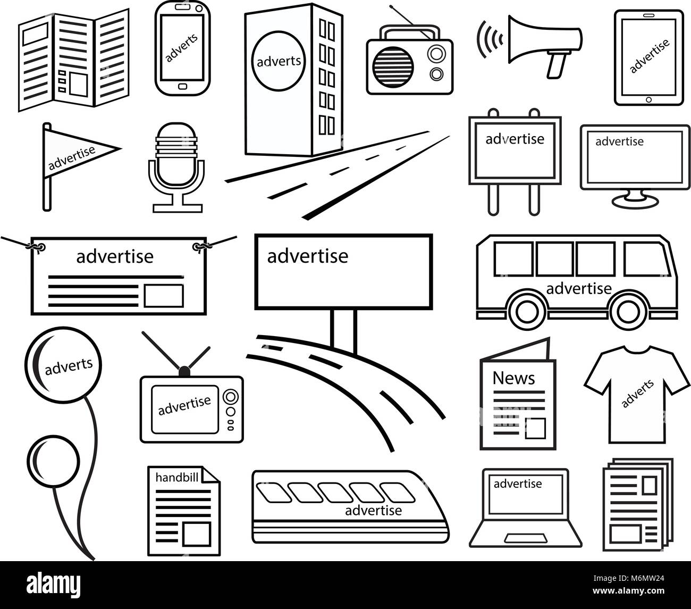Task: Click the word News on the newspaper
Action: pyautogui.click(x=513, y=378)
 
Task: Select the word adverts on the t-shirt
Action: pyautogui.click(x=637, y=394)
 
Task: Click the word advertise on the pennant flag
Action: pyautogui.click(x=72, y=157)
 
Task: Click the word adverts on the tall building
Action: pyautogui.click(x=279, y=61)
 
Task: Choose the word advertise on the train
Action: pyautogui.click(x=373, y=511)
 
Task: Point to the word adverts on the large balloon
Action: pyautogui.click(x=69, y=366)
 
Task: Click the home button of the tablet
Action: pyautogui.click(x=648, y=99)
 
